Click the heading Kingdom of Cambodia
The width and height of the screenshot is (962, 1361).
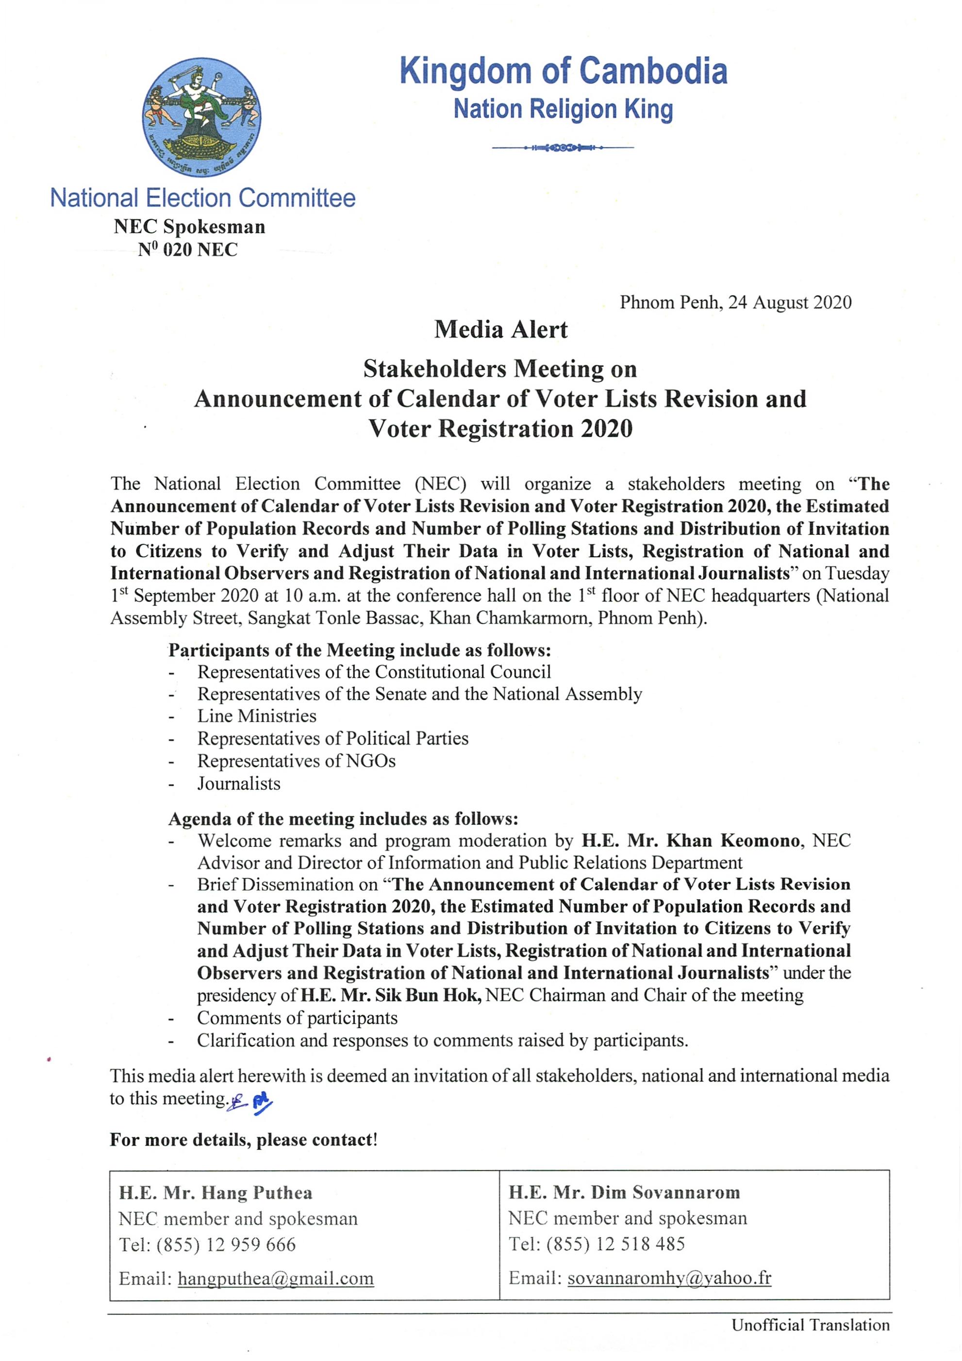(563, 71)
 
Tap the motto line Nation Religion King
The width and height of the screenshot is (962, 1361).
(563, 110)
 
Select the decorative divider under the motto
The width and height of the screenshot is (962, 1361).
(563, 147)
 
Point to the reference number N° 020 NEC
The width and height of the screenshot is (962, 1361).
(188, 250)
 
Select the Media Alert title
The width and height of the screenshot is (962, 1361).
(500, 330)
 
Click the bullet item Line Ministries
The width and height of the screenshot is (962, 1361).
(257, 716)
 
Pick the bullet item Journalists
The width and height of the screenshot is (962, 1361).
(239, 783)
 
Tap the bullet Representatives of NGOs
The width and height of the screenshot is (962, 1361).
(297, 761)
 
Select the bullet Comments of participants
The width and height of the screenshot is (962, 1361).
(297, 1018)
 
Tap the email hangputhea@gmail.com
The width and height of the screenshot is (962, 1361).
(276, 1278)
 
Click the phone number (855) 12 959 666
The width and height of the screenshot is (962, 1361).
(226, 1244)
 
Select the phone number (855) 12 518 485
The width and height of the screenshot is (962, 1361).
(616, 1244)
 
